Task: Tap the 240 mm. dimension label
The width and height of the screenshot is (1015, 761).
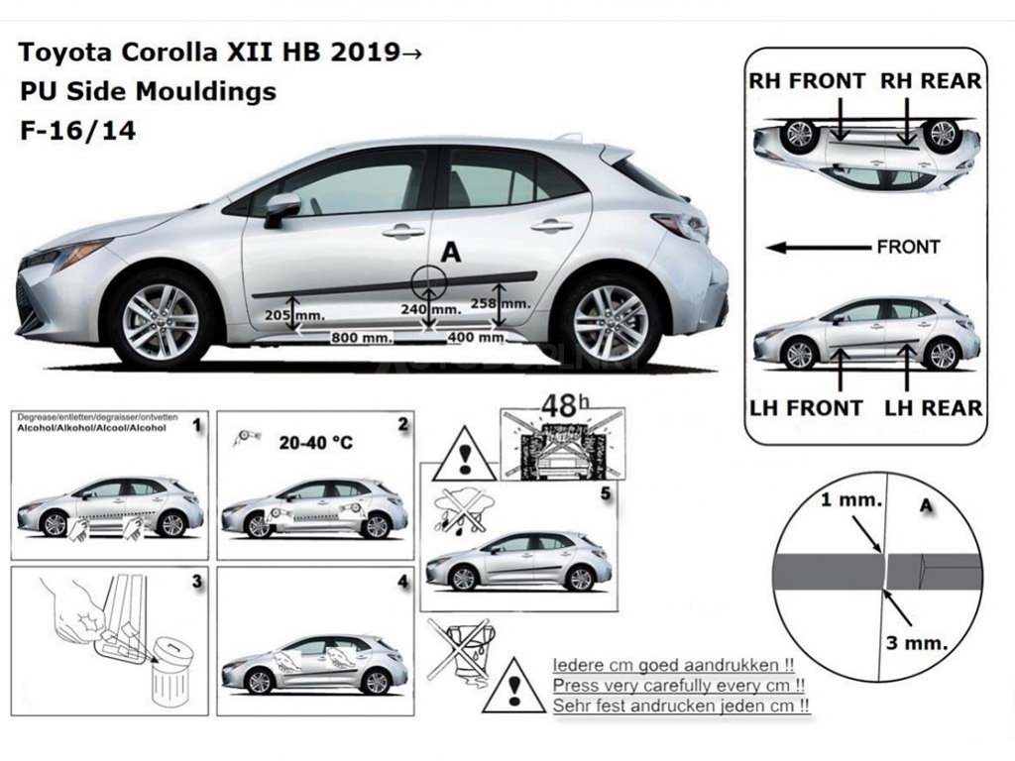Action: click(x=431, y=309)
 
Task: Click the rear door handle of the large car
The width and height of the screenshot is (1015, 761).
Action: click(x=551, y=226)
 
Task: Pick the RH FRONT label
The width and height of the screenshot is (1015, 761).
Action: click(x=808, y=81)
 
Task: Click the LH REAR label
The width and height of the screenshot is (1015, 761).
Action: click(x=933, y=407)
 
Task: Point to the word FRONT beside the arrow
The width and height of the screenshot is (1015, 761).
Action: click(x=908, y=247)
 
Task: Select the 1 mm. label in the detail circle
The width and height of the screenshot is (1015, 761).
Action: click(x=850, y=500)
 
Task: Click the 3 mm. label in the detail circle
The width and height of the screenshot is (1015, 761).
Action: click(x=917, y=641)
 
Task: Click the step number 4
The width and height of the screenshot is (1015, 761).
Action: click(x=402, y=582)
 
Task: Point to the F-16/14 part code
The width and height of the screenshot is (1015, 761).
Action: click(x=77, y=130)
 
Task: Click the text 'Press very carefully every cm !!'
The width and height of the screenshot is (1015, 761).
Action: click(x=678, y=685)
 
